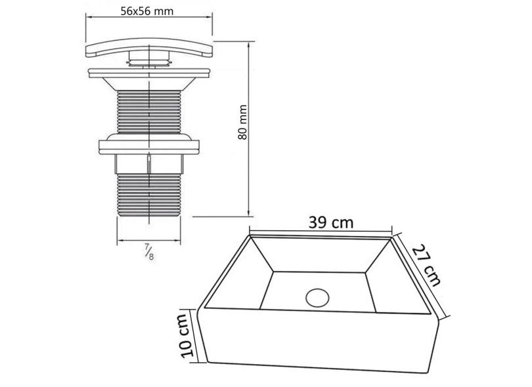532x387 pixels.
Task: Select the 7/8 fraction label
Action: coord(150,251)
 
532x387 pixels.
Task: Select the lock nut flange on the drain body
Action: coord(150,145)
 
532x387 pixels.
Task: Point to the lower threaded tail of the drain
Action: coord(150,193)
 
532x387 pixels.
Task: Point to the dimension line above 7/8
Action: coord(150,240)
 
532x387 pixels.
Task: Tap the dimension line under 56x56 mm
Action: coord(150,20)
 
